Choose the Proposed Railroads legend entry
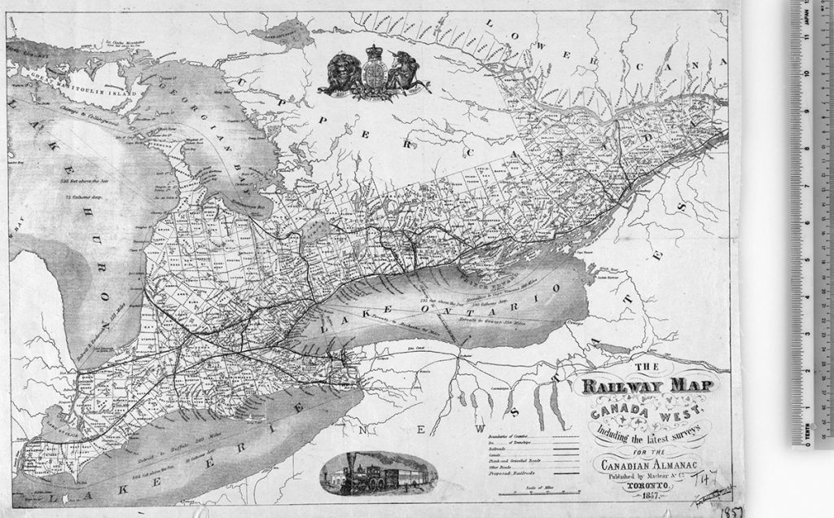point(516,473)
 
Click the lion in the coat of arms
point(338,74)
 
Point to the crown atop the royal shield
point(374,54)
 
